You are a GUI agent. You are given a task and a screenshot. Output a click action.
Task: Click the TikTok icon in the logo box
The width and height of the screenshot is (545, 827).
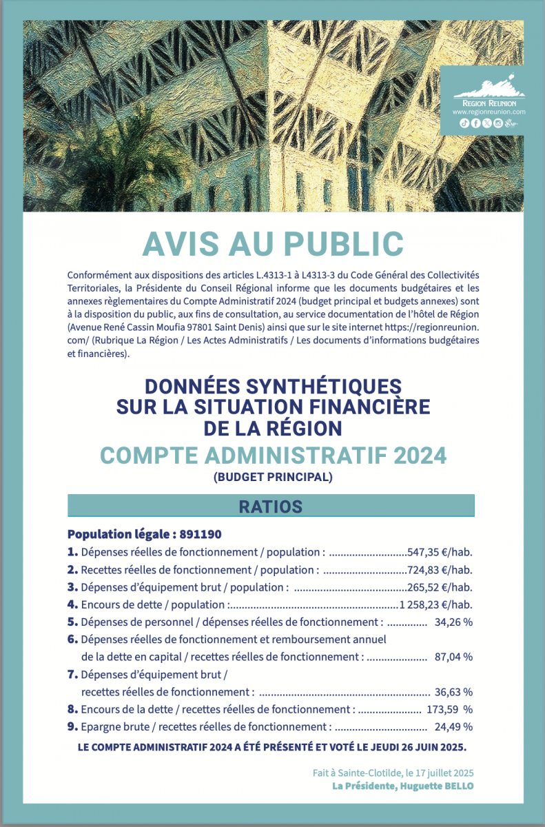pyautogui.click(x=464, y=123)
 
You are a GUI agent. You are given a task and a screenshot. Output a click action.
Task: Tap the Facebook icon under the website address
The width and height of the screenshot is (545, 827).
pyautogui.click(x=475, y=123)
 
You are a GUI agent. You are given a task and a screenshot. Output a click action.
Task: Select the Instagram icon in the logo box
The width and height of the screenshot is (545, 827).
pyautogui.click(x=497, y=123)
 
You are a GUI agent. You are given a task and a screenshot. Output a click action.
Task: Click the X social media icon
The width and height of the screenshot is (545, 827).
pyautogui.click(x=486, y=123)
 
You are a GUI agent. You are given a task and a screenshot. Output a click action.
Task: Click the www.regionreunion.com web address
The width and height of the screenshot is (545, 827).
pyautogui.click(x=489, y=111)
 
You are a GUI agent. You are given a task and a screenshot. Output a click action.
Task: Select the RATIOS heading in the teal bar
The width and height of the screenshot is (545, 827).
pyautogui.click(x=271, y=507)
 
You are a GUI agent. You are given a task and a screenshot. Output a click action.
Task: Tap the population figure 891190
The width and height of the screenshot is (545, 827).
pyautogui.click(x=201, y=534)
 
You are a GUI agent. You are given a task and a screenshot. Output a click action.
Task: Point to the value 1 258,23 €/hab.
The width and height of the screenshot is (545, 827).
pyautogui.click(x=435, y=605)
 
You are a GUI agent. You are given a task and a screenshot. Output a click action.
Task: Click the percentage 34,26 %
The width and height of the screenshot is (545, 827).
pyautogui.click(x=453, y=622)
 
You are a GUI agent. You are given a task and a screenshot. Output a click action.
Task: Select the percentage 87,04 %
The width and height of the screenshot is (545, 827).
pyautogui.click(x=453, y=657)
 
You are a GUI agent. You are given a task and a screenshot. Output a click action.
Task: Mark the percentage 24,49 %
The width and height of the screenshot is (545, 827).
pyautogui.click(x=453, y=726)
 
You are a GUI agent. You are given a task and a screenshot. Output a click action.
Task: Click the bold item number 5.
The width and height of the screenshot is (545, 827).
pyautogui.click(x=72, y=622)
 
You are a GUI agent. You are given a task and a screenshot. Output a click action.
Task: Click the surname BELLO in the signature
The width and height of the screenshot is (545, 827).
pyautogui.click(x=456, y=786)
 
